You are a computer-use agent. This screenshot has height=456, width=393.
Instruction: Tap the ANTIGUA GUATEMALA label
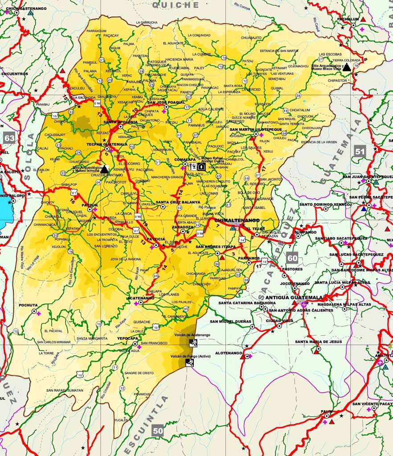pos(294,297)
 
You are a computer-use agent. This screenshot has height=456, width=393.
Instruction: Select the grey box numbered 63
pos(9,138)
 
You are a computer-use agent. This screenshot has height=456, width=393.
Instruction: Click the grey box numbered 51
pos(360,151)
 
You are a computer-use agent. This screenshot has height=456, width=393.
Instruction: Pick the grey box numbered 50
pos(158,430)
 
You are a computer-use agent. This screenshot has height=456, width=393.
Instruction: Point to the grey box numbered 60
pos(292,258)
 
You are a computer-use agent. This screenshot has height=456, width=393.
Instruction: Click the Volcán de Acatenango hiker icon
pos(192,342)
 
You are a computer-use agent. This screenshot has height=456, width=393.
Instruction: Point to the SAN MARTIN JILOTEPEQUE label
pos(256,129)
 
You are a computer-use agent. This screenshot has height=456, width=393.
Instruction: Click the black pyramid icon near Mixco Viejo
pos(346,66)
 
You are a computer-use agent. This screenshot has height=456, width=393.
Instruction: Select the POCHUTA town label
pos(29,305)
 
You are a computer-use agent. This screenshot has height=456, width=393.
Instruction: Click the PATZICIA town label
pos(156,239)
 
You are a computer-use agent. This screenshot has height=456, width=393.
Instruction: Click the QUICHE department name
pos(176,5)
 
